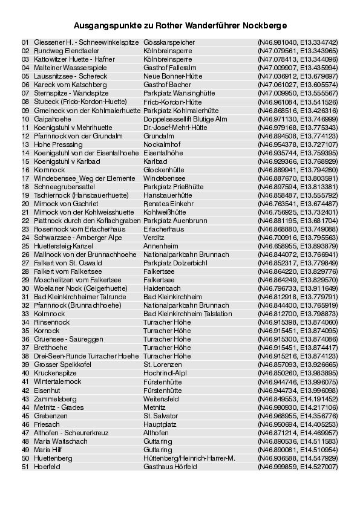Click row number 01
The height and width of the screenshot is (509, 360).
click(25, 43)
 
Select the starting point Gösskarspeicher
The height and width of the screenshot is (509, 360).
click(169, 43)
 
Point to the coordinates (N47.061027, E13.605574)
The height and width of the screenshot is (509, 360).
click(298, 85)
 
